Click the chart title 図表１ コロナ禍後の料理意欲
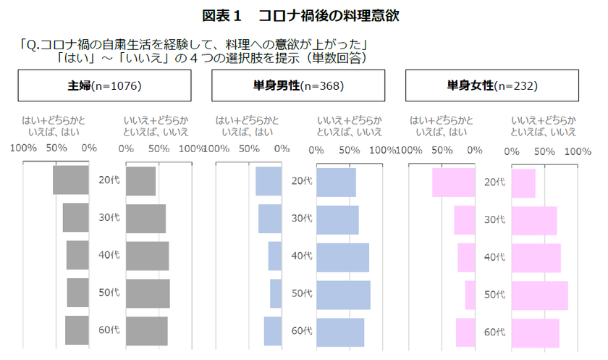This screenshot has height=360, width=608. pos(300,16)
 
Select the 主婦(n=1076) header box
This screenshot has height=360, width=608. pos(105,85)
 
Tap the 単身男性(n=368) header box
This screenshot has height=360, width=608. pos(298,85)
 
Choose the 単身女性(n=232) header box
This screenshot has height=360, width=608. pos(492,85)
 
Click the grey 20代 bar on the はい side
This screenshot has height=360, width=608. pos(71,180)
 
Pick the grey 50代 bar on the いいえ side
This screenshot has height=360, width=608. pos(148,293)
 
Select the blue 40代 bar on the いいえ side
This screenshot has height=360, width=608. pos(343,258)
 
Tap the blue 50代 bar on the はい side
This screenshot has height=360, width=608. pos(276,293)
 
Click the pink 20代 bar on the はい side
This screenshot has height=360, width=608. pos(454,183)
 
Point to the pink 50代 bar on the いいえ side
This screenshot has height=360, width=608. pos(540,296)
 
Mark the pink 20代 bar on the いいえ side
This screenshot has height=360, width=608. pos(523,183)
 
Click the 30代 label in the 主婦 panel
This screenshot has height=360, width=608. pos(109,217)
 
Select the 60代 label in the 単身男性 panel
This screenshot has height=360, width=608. pos(302,330)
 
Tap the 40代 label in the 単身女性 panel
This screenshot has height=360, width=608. pos(495,257)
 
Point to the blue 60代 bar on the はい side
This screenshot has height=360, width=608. pos(273,331)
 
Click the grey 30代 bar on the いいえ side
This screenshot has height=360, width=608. pos(145,219)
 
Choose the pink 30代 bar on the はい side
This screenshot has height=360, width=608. pos(465,220)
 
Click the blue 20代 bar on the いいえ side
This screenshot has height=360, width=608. pos(336,183)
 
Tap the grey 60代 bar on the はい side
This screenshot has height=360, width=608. pos(77,330)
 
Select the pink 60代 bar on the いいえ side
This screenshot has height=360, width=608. pos(536,333)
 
